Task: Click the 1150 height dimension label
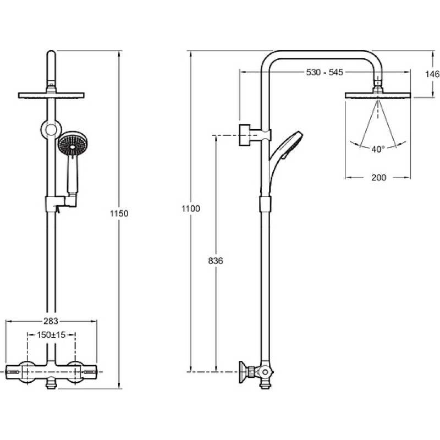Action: tap(119, 213)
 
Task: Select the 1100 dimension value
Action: tap(191, 208)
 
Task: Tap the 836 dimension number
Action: tap(216, 261)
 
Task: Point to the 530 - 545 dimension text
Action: tap(324, 73)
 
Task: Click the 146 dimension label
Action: tap(432, 74)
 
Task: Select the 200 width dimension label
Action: tap(379, 177)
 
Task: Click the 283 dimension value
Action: tap(51, 321)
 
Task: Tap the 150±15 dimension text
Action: tap(51, 335)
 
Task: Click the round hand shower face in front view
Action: tap(73, 145)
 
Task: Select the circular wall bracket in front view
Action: tap(51, 130)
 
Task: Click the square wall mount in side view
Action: tap(244, 135)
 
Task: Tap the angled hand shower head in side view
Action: tap(291, 145)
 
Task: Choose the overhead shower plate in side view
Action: tap(378, 95)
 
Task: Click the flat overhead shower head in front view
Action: tap(51, 95)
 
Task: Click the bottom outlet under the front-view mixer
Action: tap(51, 383)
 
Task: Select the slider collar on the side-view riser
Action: tap(265, 204)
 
